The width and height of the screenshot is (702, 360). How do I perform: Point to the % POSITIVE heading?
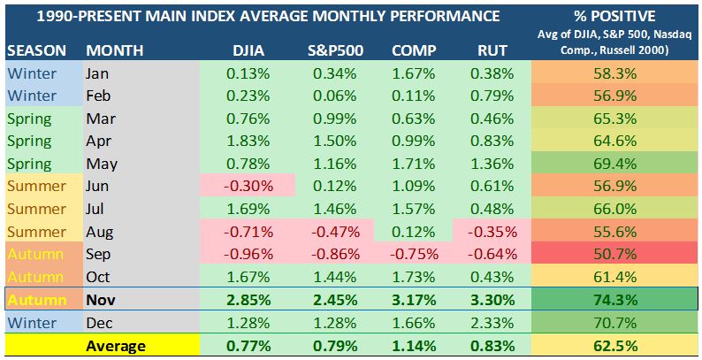coord(615,16)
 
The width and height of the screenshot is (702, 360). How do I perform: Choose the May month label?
coord(102,164)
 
